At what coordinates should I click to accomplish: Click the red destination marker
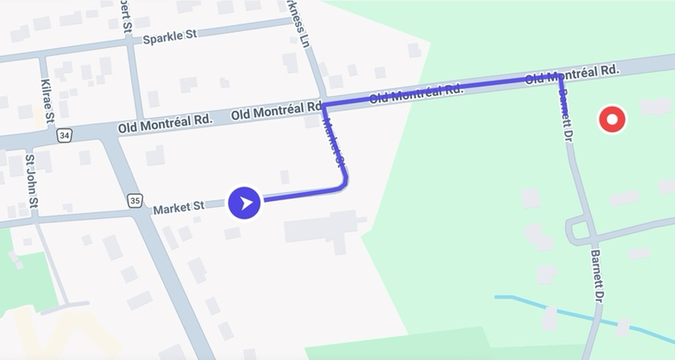pyautogui.click(x=612, y=120)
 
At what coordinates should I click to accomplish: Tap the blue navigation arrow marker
pyautogui.click(x=244, y=203)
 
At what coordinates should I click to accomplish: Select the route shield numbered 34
pyautogui.click(x=64, y=135)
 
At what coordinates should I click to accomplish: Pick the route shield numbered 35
pyautogui.click(x=135, y=201)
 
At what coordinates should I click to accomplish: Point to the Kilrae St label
pyautogui.click(x=47, y=101)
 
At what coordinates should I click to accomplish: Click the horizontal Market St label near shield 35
pyautogui.click(x=179, y=208)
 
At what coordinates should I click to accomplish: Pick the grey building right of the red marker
pyautogui.click(x=655, y=107)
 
